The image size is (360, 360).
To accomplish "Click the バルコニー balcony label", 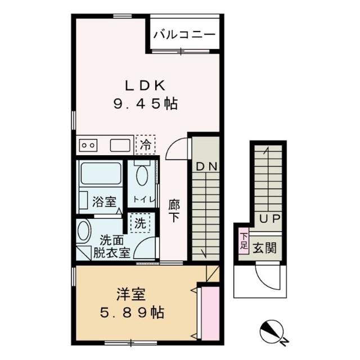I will click(184, 34).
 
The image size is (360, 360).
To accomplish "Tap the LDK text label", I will click(145, 85).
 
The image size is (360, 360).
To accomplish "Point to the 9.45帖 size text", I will click(146, 103).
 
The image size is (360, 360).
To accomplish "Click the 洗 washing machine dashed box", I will click(139, 222).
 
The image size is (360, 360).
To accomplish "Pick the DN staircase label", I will click(206, 168).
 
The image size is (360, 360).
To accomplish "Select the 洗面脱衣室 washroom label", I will click(116, 246).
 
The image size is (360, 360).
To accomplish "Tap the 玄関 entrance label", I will click(264, 247).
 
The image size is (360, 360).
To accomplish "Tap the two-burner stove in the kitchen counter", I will click(88, 145).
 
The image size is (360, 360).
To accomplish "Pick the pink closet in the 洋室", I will click(210, 312).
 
